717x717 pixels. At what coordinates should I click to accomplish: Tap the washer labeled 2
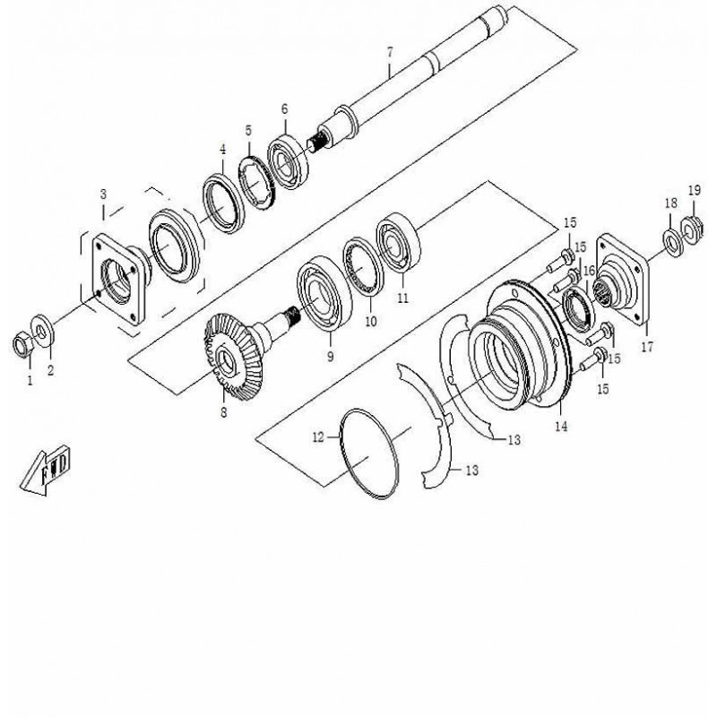point(42,331)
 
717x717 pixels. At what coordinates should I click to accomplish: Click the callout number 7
point(389,53)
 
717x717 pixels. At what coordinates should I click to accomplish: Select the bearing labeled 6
point(288,161)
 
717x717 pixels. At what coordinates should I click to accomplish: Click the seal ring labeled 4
point(223,203)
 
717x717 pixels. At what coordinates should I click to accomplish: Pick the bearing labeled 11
point(398,243)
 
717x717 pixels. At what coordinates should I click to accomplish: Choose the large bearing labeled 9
point(324,293)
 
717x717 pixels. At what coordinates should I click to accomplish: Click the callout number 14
point(561,427)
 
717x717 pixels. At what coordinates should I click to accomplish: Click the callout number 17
point(647,347)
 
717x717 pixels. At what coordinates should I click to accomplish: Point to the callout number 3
point(103,194)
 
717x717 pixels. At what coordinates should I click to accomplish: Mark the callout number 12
point(318,437)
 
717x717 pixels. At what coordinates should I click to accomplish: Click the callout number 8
point(223,412)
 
